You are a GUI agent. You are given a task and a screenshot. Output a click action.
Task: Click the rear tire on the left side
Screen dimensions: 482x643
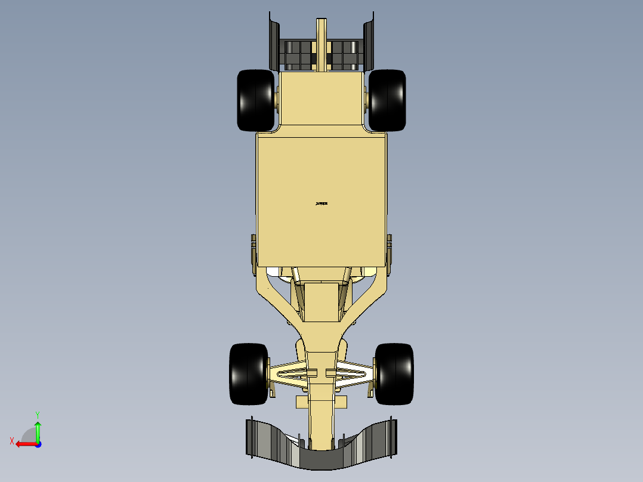[255, 100]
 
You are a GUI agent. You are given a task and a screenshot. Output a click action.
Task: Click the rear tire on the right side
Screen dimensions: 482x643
[387, 100]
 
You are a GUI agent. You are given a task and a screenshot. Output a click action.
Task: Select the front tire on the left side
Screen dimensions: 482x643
[248, 373]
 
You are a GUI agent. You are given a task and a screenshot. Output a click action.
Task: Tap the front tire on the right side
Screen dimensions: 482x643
[394, 373]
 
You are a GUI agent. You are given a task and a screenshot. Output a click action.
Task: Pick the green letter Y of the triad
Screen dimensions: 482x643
[37, 414]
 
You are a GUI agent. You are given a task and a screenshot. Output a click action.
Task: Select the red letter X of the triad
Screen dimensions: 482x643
[11, 441]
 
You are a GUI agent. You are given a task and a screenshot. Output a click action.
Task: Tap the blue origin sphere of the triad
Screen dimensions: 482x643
[38, 444]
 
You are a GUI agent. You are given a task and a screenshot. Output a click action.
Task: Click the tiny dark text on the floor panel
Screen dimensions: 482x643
[321, 203]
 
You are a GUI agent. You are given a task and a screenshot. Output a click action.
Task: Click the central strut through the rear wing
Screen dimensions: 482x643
[321, 42]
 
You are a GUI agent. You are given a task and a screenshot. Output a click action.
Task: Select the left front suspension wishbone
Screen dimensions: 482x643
[290, 373]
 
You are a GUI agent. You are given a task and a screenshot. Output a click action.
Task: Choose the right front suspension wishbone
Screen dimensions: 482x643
[353, 373]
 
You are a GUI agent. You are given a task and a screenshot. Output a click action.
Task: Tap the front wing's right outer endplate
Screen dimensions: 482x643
[392, 438]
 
